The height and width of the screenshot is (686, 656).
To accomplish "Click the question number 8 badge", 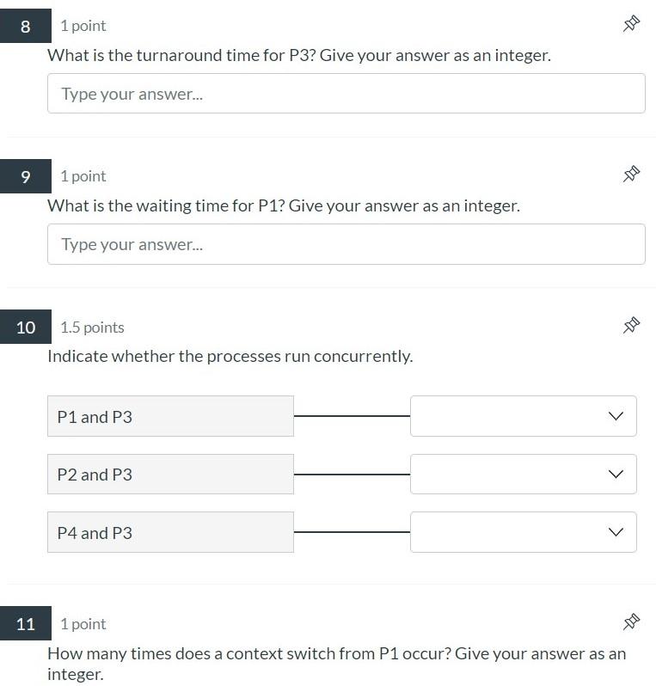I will pyautogui.click(x=25, y=26).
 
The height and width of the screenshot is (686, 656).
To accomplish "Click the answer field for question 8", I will pyautogui.click(x=346, y=94).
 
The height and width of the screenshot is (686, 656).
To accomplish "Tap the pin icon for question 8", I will pyautogui.click(x=631, y=24).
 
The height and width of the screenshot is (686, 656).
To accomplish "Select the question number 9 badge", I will pyautogui.click(x=25, y=176).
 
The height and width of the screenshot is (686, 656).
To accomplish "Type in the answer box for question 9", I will pyautogui.click(x=346, y=244).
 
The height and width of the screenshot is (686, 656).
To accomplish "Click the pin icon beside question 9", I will pyautogui.click(x=631, y=175).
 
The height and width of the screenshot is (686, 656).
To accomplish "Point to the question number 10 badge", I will pyautogui.click(x=25, y=328).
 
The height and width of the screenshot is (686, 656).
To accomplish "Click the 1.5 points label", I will pyautogui.click(x=92, y=328).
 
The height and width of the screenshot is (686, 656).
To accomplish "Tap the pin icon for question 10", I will pyautogui.click(x=631, y=325).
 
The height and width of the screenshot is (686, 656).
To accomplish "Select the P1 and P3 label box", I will pyautogui.click(x=170, y=416).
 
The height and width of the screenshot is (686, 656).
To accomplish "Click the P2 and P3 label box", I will pyautogui.click(x=170, y=475).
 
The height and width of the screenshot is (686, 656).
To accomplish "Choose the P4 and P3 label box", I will pyautogui.click(x=170, y=533).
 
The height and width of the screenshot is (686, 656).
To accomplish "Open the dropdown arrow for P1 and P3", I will pyautogui.click(x=615, y=416).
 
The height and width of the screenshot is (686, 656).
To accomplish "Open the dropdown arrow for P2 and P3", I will pyautogui.click(x=615, y=475).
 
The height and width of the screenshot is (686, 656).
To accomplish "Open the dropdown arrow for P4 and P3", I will pyautogui.click(x=615, y=533).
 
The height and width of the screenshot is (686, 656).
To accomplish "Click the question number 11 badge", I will pyautogui.click(x=25, y=624).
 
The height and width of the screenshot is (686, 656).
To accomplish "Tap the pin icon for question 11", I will pyautogui.click(x=631, y=622).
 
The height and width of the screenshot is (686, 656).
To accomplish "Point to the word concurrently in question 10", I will pyautogui.click(x=365, y=357).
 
